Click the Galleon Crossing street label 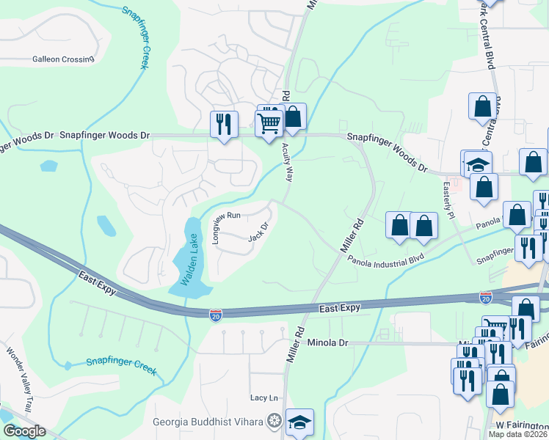[x=63, y=59]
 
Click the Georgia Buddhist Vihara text [x=208, y=421]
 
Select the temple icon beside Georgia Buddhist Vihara [x=274, y=421]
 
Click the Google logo [x=23, y=431]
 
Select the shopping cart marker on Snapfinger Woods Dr [x=269, y=123]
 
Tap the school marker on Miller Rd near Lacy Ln [x=299, y=422]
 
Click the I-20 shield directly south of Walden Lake [x=216, y=313]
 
